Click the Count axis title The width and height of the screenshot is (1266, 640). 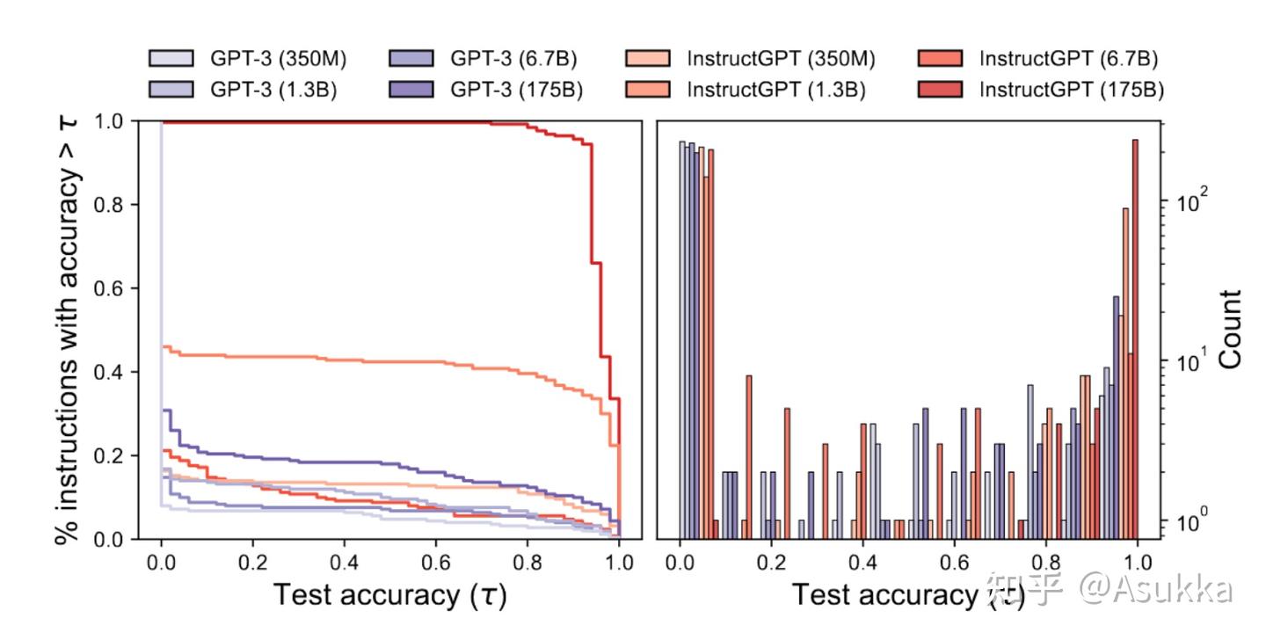(x=1229, y=329)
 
